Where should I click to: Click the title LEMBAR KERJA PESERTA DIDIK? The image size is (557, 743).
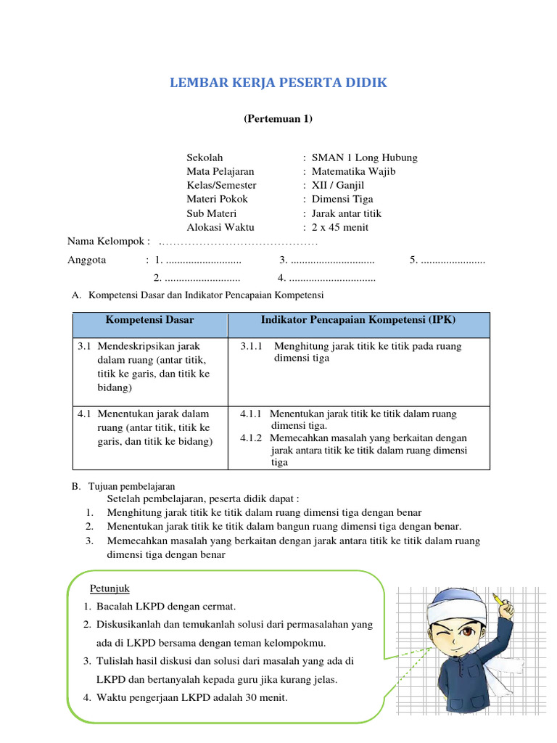pyautogui.click(x=278, y=83)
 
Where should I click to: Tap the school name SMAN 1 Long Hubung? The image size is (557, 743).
pyautogui.click(x=364, y=157)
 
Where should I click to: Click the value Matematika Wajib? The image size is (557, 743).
pyautogui.click(x=353, y=171)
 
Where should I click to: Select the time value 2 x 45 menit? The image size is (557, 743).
pyautogui.click(x=340, y=227)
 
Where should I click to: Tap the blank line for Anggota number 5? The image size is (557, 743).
pyautogui.click(x=453, y=260)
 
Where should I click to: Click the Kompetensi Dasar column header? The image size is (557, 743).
pyautogui.click(x=150, y=319)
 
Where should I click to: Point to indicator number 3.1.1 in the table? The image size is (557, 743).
pyautogui.click(x=254, y=346)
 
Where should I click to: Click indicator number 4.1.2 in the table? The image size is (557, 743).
pyautogui.click(x=254, y=438)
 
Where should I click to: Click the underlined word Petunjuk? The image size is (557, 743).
pyautogui.click(x=110, y=587)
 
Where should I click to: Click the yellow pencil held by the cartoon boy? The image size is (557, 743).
pyautogui.click(x=500, y=601)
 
